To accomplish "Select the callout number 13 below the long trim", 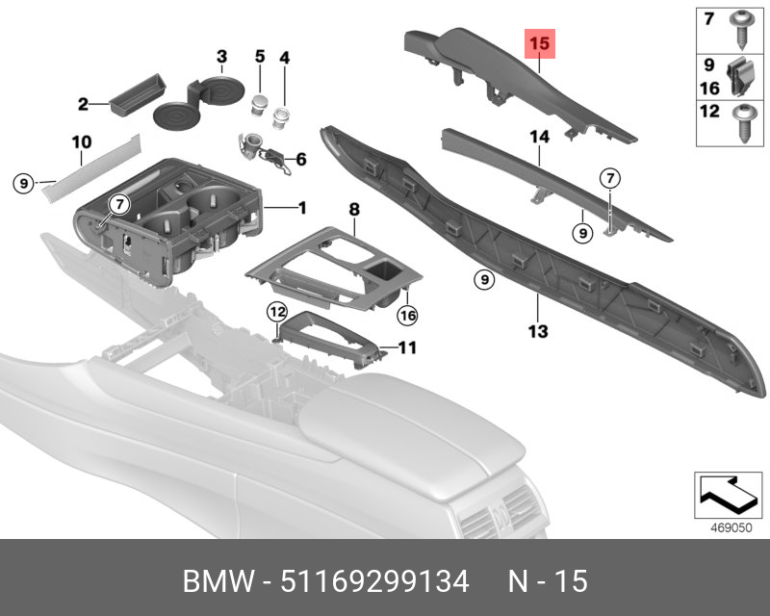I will (x=537, y=332).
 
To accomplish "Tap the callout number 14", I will (x=538, y=138).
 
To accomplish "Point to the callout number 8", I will (x=353, y=208).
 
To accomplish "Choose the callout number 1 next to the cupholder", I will (x=301, y=207).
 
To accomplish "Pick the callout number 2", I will (x=83, y=103).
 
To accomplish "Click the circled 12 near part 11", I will (x=277, y=311).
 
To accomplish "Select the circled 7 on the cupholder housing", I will (x=118, y=203).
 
